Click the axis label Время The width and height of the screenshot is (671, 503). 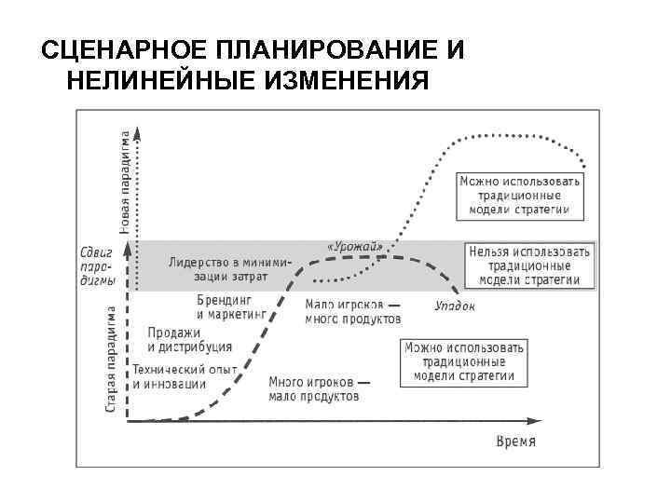pos(515,441)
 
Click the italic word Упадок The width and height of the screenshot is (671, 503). pos(455,305)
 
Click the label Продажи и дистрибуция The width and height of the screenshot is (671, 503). pos(189,340)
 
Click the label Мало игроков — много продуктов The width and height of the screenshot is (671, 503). pos(353,311)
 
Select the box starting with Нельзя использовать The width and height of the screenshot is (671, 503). pos(529,265)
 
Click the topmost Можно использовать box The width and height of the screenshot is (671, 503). pos(521,196)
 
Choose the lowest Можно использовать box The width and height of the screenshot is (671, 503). pos(465,361)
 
